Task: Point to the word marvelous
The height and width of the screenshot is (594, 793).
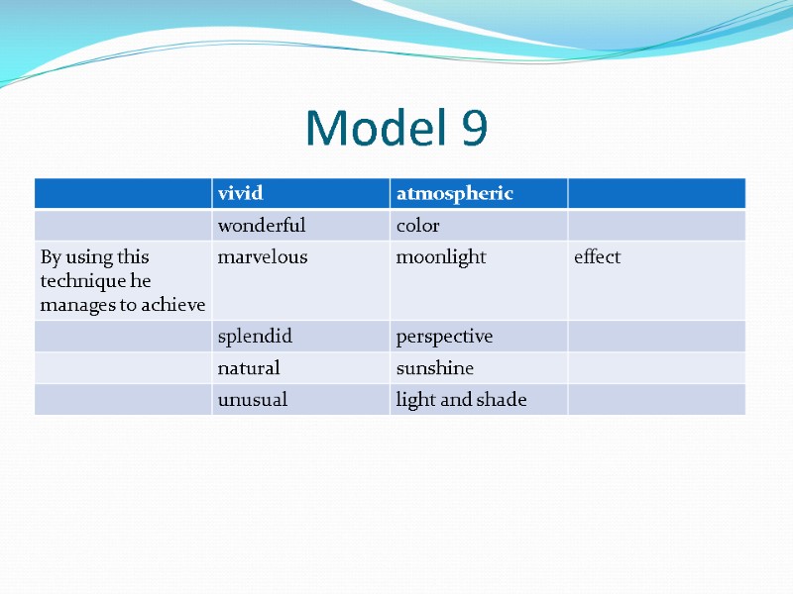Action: point(263,257)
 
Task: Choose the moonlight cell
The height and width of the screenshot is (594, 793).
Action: point(441,257)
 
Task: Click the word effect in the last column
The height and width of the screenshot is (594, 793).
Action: point(597,257)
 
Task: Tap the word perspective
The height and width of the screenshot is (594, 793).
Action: point(444,337)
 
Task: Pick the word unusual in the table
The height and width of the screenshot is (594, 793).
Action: point(253,400)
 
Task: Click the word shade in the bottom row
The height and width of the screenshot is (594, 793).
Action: point(504,400)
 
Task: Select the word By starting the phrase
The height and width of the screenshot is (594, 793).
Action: point(51,257)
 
